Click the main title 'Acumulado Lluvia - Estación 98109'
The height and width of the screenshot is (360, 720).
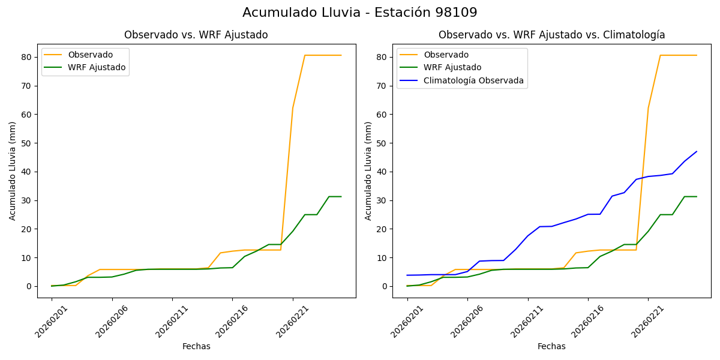pos(360,13)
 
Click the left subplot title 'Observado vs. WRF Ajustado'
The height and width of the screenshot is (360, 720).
pos(196,35)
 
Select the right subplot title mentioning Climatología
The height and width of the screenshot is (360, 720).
pos(551,35)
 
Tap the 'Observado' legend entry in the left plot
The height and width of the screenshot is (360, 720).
pos(90,55)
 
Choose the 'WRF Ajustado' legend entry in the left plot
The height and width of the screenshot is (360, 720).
pos(97,67)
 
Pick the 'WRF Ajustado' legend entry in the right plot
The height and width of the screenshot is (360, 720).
pos(452,67)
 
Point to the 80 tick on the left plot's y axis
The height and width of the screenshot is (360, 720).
pos(28,57)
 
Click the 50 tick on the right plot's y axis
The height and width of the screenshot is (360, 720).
pos(383,143)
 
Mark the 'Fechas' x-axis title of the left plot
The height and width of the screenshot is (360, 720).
pos(196,346)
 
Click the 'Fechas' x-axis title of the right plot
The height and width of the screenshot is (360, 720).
pos(551,346)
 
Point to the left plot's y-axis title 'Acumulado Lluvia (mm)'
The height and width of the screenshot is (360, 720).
pos(13,170)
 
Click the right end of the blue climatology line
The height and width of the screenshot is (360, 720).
pos(697,152)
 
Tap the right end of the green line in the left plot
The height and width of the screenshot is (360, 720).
pos(341,197)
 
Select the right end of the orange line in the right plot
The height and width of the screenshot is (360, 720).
pos(697,55)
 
